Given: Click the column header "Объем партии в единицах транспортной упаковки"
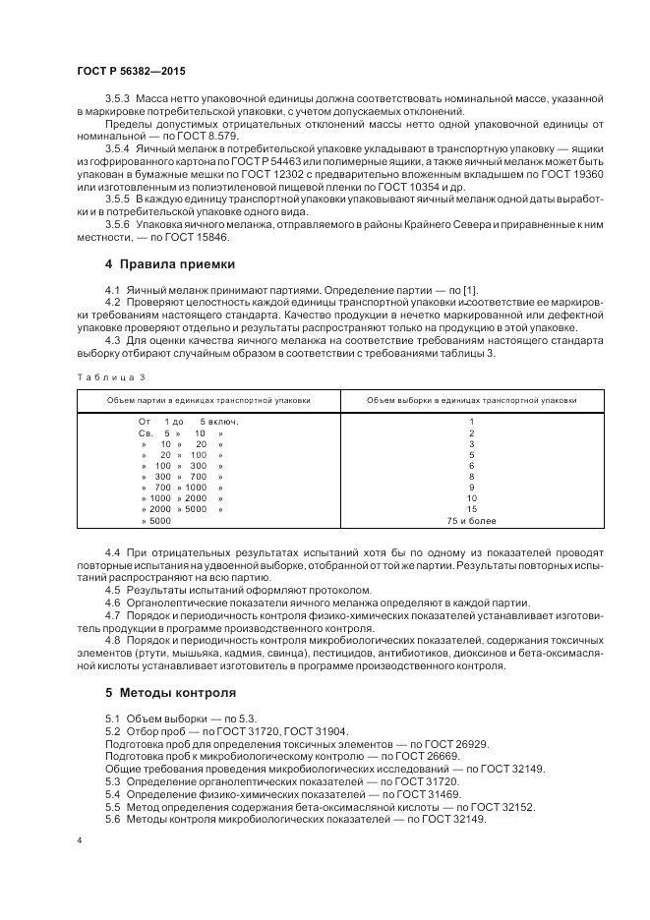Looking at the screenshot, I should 208,400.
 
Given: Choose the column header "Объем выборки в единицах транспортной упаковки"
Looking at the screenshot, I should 471,400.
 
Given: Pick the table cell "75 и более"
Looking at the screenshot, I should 472,520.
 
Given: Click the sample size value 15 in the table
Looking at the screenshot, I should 472,509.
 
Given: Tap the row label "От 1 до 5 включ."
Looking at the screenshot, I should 188,422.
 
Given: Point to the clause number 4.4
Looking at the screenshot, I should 112,553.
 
